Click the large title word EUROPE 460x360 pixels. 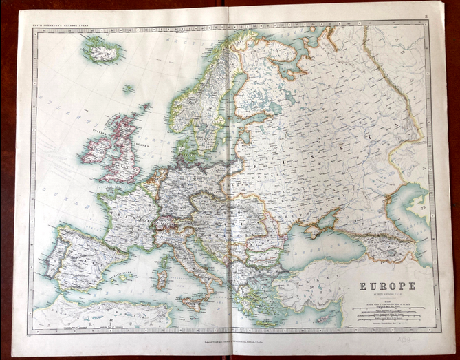coord(387,286)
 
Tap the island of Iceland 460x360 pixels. coord(100,50)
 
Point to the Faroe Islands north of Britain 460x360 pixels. coord(129,89)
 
